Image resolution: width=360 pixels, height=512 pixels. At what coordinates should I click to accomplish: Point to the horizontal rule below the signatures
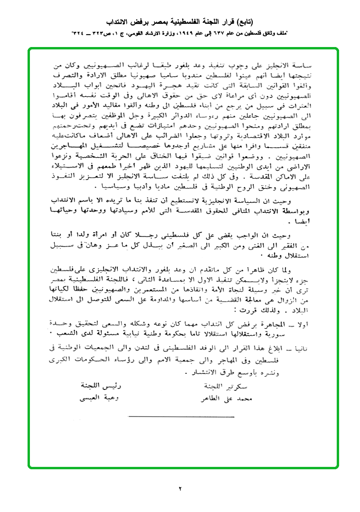(181, 417)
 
